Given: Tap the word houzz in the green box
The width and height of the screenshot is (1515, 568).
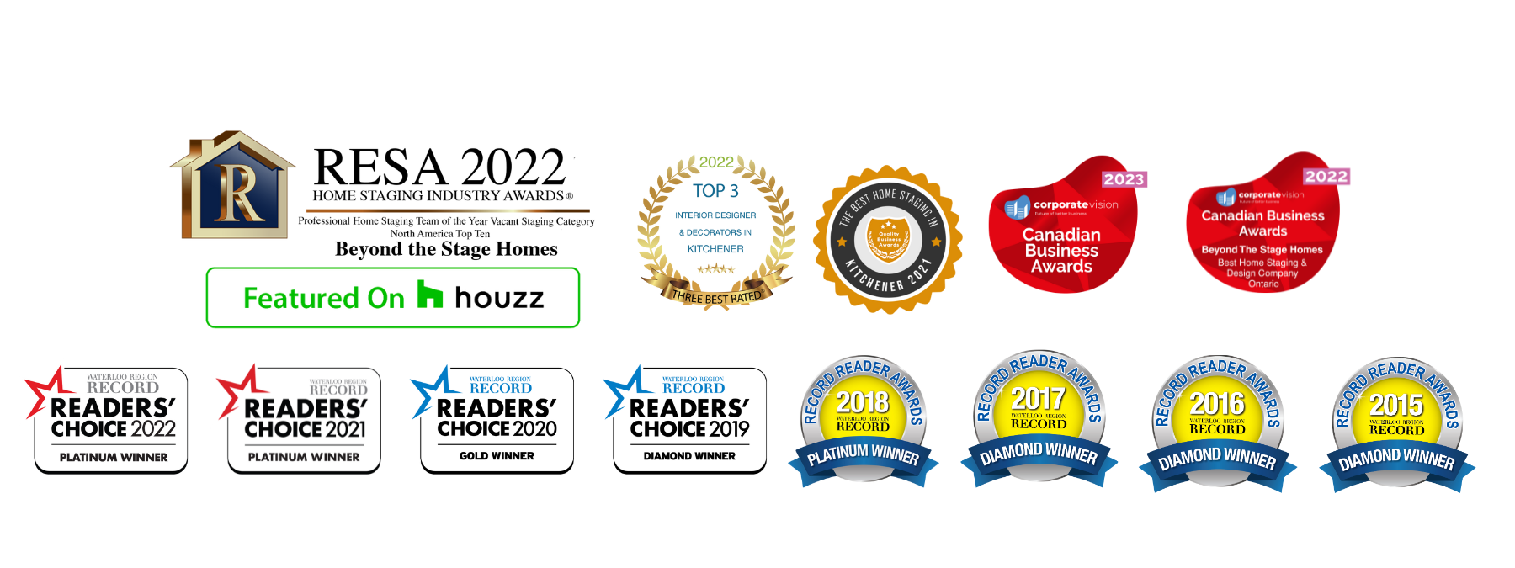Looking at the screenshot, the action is [500, 298].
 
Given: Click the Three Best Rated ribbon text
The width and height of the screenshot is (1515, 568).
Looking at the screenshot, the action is [716, 297].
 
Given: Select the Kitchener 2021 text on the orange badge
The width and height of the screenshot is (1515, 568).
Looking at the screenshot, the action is [888, 279].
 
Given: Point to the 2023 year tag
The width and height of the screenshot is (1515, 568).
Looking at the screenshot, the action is [1123, 179].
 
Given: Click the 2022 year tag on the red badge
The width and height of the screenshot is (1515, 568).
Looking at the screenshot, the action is [1326, 177].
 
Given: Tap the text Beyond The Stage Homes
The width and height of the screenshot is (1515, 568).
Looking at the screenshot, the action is [1262, 250].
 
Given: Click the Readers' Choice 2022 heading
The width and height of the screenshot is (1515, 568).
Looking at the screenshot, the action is [114, 418].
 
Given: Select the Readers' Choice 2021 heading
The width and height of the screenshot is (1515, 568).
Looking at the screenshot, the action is [306, 419].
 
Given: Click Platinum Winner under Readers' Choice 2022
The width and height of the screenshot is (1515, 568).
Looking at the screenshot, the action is [114, 458].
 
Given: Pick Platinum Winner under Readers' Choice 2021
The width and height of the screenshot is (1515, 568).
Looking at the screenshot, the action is [304, 458].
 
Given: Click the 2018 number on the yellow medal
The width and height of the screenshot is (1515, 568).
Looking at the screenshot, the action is [863, 402].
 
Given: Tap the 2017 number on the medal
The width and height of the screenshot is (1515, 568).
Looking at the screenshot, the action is [1038, 398].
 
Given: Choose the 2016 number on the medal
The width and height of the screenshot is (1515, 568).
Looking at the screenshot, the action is [1217, 403].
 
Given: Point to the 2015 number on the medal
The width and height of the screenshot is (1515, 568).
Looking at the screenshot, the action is [1396, 405].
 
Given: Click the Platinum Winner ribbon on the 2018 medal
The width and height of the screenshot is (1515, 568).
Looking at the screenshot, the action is [863, 455].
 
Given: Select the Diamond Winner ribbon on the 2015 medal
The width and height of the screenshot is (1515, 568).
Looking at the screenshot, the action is [1396, 459].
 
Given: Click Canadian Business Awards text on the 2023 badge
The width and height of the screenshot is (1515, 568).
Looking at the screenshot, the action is [1061, 251].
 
